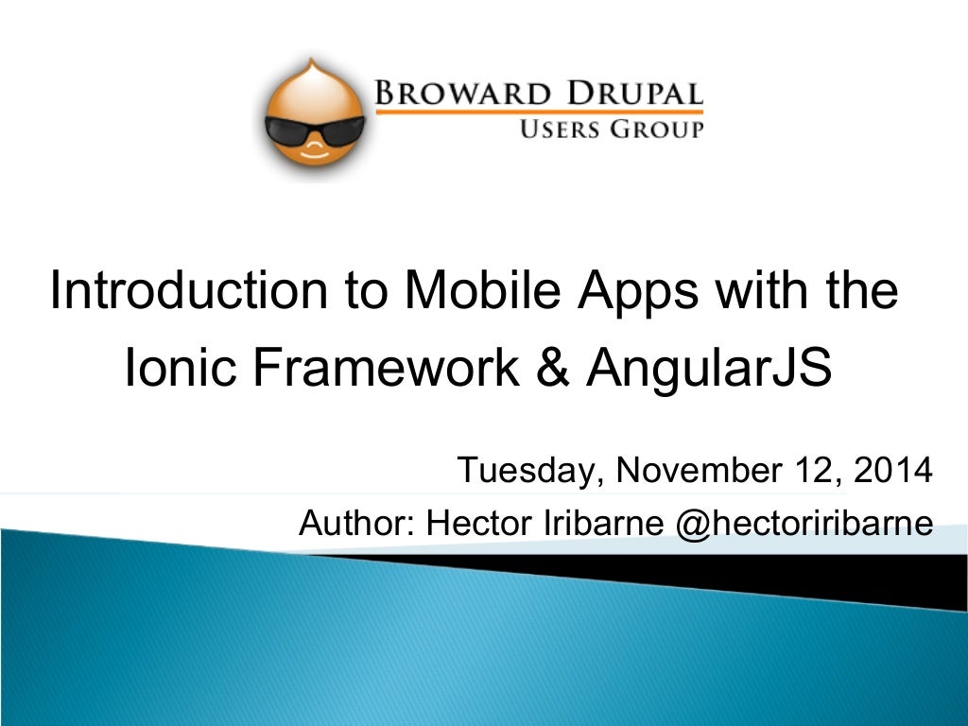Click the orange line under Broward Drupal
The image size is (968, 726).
click(x=540, y=112)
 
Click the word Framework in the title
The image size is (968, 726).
click(x=386, y=369)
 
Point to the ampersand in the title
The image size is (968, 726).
click(x=551, y=369)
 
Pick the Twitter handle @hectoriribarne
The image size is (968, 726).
click(x=804, y=523)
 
